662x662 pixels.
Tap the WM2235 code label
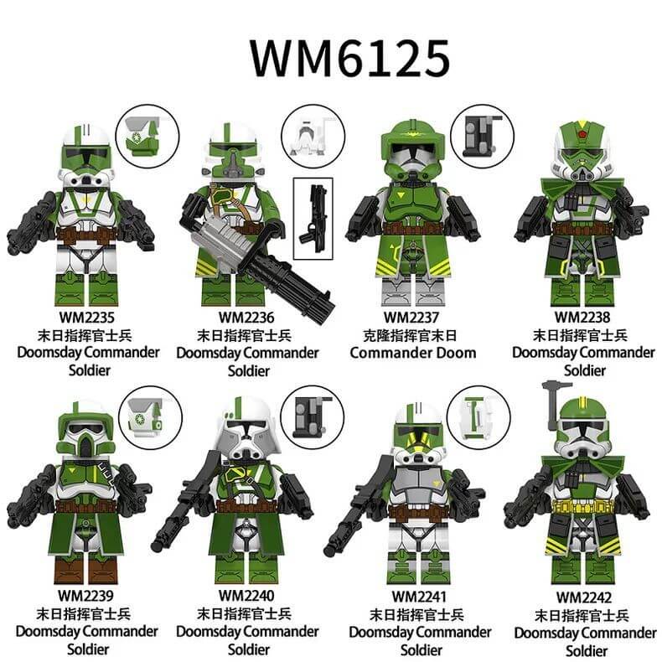point(86,318)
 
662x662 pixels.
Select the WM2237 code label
point(411,318)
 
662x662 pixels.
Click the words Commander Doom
point(413,353)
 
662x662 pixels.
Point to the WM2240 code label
point(246,596)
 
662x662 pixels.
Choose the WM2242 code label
point(583,597)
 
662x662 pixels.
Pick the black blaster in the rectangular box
point(313,218)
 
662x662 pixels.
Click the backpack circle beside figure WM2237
point(482,137)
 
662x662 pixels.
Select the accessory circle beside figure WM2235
point(147,137)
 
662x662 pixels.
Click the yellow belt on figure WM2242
point(583,506)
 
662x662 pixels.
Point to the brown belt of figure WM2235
point(85,235)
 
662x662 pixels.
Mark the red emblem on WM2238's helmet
point(583,135)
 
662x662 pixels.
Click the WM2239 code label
point(85,596)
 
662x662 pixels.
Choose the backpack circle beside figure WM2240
point(312,417)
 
